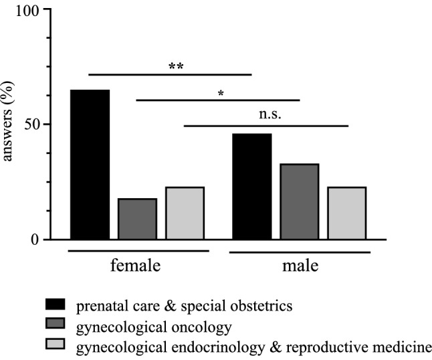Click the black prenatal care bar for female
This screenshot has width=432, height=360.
(x=90, y=164)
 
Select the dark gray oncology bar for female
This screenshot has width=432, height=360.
(x=137, y=218)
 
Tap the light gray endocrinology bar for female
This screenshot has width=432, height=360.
(x=185, y=213)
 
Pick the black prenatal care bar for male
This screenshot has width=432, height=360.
(x=251, y=186)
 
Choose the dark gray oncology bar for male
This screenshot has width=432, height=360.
(x=299, y=201)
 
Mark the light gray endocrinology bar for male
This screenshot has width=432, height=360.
(x=346, y=213)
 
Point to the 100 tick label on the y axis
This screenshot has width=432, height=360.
(x=30, y=11)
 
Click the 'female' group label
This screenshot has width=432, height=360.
(x=135, y=266)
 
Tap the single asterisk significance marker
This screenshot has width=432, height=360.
(x=220, y=93)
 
